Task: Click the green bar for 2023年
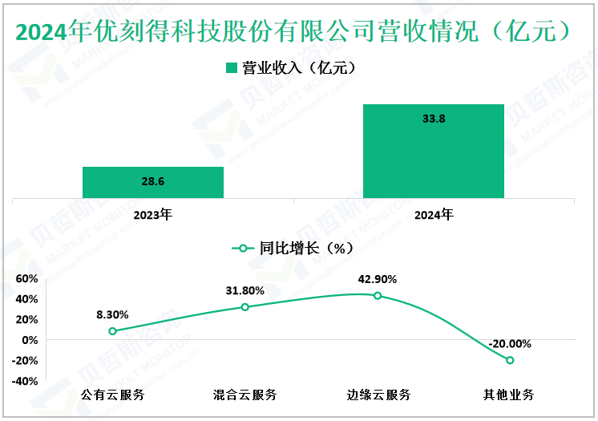tap(152, 182)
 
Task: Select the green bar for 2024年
tap(433, 151)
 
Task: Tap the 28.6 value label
tap(152, 182)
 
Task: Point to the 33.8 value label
tap(433, 119)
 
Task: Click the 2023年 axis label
tap(152, 214)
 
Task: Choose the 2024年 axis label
tap(433, 214)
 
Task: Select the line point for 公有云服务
tap(112, 331)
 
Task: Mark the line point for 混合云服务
tap(244, 307)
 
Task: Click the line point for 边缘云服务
tap(378, 296)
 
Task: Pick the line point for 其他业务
tap(510, 360)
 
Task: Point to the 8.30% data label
tap(112, 314)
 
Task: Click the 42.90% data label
tap(378, 279)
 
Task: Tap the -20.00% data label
tap(510, 343)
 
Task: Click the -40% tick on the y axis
tap(25, 381)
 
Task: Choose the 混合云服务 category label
tap(244, 395)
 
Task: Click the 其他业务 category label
tap(510, 395)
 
